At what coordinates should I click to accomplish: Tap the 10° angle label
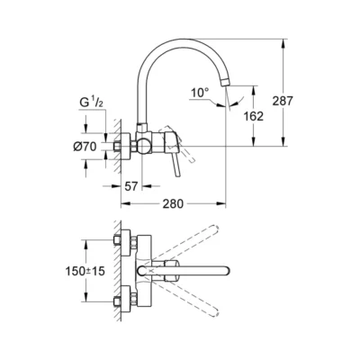199,91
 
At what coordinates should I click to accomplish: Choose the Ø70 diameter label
84,145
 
